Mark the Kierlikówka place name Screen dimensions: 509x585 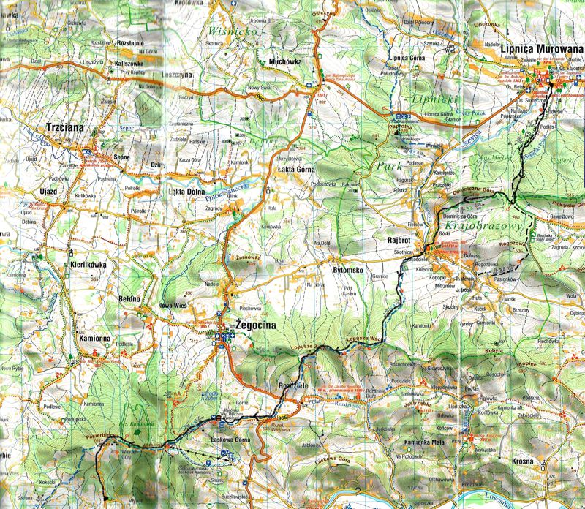click(89, 266)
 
